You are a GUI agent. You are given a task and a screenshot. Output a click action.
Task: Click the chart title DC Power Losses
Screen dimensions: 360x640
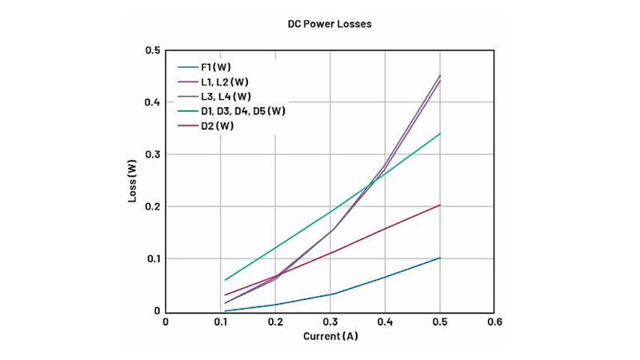click(330, 24)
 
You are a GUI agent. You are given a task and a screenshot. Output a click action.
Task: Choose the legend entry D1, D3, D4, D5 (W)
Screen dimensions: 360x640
click(242, 111)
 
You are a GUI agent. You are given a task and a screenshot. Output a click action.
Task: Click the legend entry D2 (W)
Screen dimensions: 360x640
click(217, 126)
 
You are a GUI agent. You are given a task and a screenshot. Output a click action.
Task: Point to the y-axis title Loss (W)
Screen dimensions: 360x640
click(133, 181)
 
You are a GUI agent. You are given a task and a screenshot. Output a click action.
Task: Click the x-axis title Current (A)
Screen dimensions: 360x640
click(330, 336)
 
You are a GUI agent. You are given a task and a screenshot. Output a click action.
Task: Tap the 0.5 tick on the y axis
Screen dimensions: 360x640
click(152, 50)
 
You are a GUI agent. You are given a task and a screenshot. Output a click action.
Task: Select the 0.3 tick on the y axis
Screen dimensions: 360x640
click(152, 154)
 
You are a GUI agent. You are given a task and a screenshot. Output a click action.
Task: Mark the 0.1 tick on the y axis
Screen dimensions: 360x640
click(152, 259)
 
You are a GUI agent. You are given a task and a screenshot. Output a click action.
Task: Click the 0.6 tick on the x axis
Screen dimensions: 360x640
click(495, 323)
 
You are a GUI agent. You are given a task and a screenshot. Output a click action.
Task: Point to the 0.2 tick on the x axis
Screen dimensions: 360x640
click(275, 323)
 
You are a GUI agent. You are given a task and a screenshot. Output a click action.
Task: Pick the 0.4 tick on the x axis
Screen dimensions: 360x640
click(385, 323)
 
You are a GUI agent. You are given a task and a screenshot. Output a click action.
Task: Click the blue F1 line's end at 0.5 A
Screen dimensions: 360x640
click(440, 258)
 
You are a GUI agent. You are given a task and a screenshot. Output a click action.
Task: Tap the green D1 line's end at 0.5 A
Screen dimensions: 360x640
click(440, 134)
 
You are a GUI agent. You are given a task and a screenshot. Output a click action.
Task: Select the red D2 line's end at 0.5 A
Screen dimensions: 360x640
click(440, 205)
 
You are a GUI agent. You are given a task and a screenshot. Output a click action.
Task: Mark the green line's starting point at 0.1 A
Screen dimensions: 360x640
click(225, 280)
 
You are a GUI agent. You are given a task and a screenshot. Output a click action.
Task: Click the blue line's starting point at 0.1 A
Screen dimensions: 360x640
click(225, 310)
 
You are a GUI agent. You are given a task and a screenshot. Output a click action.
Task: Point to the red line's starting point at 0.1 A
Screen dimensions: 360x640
click(225, 295)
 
